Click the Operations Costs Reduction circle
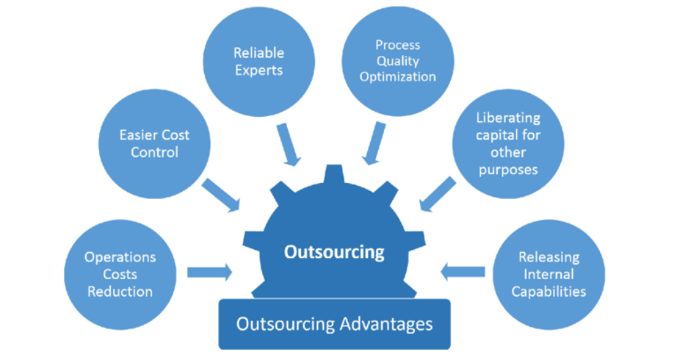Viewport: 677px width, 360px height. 120,274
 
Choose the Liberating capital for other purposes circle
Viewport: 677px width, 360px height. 507,143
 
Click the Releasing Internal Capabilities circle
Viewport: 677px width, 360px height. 549,274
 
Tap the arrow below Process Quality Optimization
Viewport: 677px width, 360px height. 374,143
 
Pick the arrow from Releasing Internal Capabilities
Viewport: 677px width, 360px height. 462,273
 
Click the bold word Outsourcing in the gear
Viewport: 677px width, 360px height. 334,252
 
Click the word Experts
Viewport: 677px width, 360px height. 258,71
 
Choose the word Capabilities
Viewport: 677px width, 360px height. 549,291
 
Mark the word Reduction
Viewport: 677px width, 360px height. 120,292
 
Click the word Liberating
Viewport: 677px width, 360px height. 507,118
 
